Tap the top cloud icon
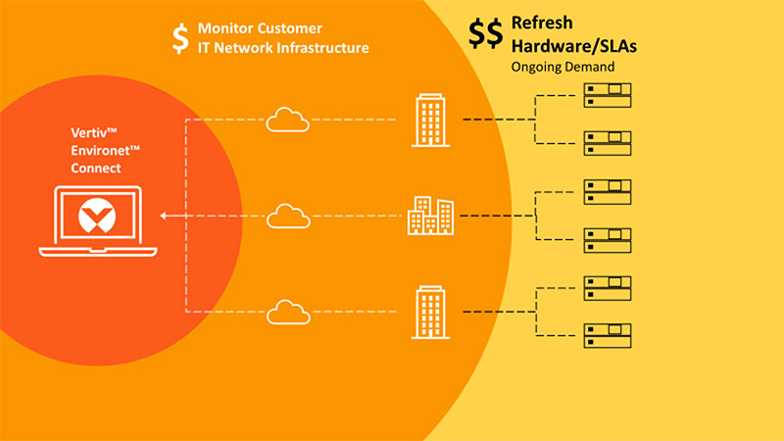(287, 120)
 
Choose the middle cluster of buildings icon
(431, 215)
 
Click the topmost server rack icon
(607, 94)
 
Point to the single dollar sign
(179, 37)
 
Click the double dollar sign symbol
(486, 33)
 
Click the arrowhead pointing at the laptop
(165, 215)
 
